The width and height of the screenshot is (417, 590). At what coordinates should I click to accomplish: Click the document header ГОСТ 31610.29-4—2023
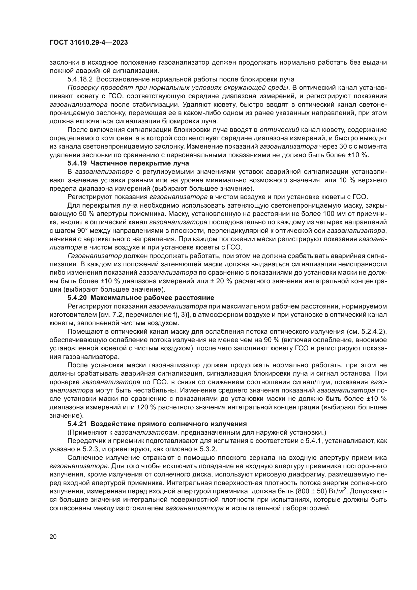coord(88,43)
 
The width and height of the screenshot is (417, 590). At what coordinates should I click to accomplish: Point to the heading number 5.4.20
coord(77,298)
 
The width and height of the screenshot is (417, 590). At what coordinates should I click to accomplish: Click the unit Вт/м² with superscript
coord(337,491)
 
